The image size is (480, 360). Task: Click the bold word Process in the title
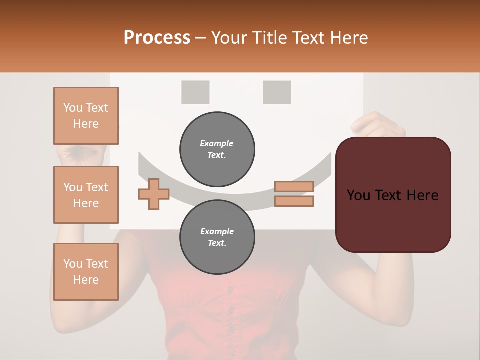157,37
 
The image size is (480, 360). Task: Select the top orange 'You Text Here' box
86,116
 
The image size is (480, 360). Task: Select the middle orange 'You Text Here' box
86,195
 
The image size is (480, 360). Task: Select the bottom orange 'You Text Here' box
86,271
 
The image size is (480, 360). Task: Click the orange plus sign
153,194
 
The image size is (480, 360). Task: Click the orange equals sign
294,194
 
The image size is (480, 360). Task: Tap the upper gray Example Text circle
217,149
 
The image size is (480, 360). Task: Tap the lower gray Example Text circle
217,237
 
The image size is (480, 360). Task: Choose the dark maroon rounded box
393,195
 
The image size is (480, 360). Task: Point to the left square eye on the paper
195,92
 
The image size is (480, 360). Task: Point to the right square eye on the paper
277,92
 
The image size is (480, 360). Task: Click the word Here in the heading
348,37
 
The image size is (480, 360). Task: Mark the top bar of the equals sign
294,187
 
